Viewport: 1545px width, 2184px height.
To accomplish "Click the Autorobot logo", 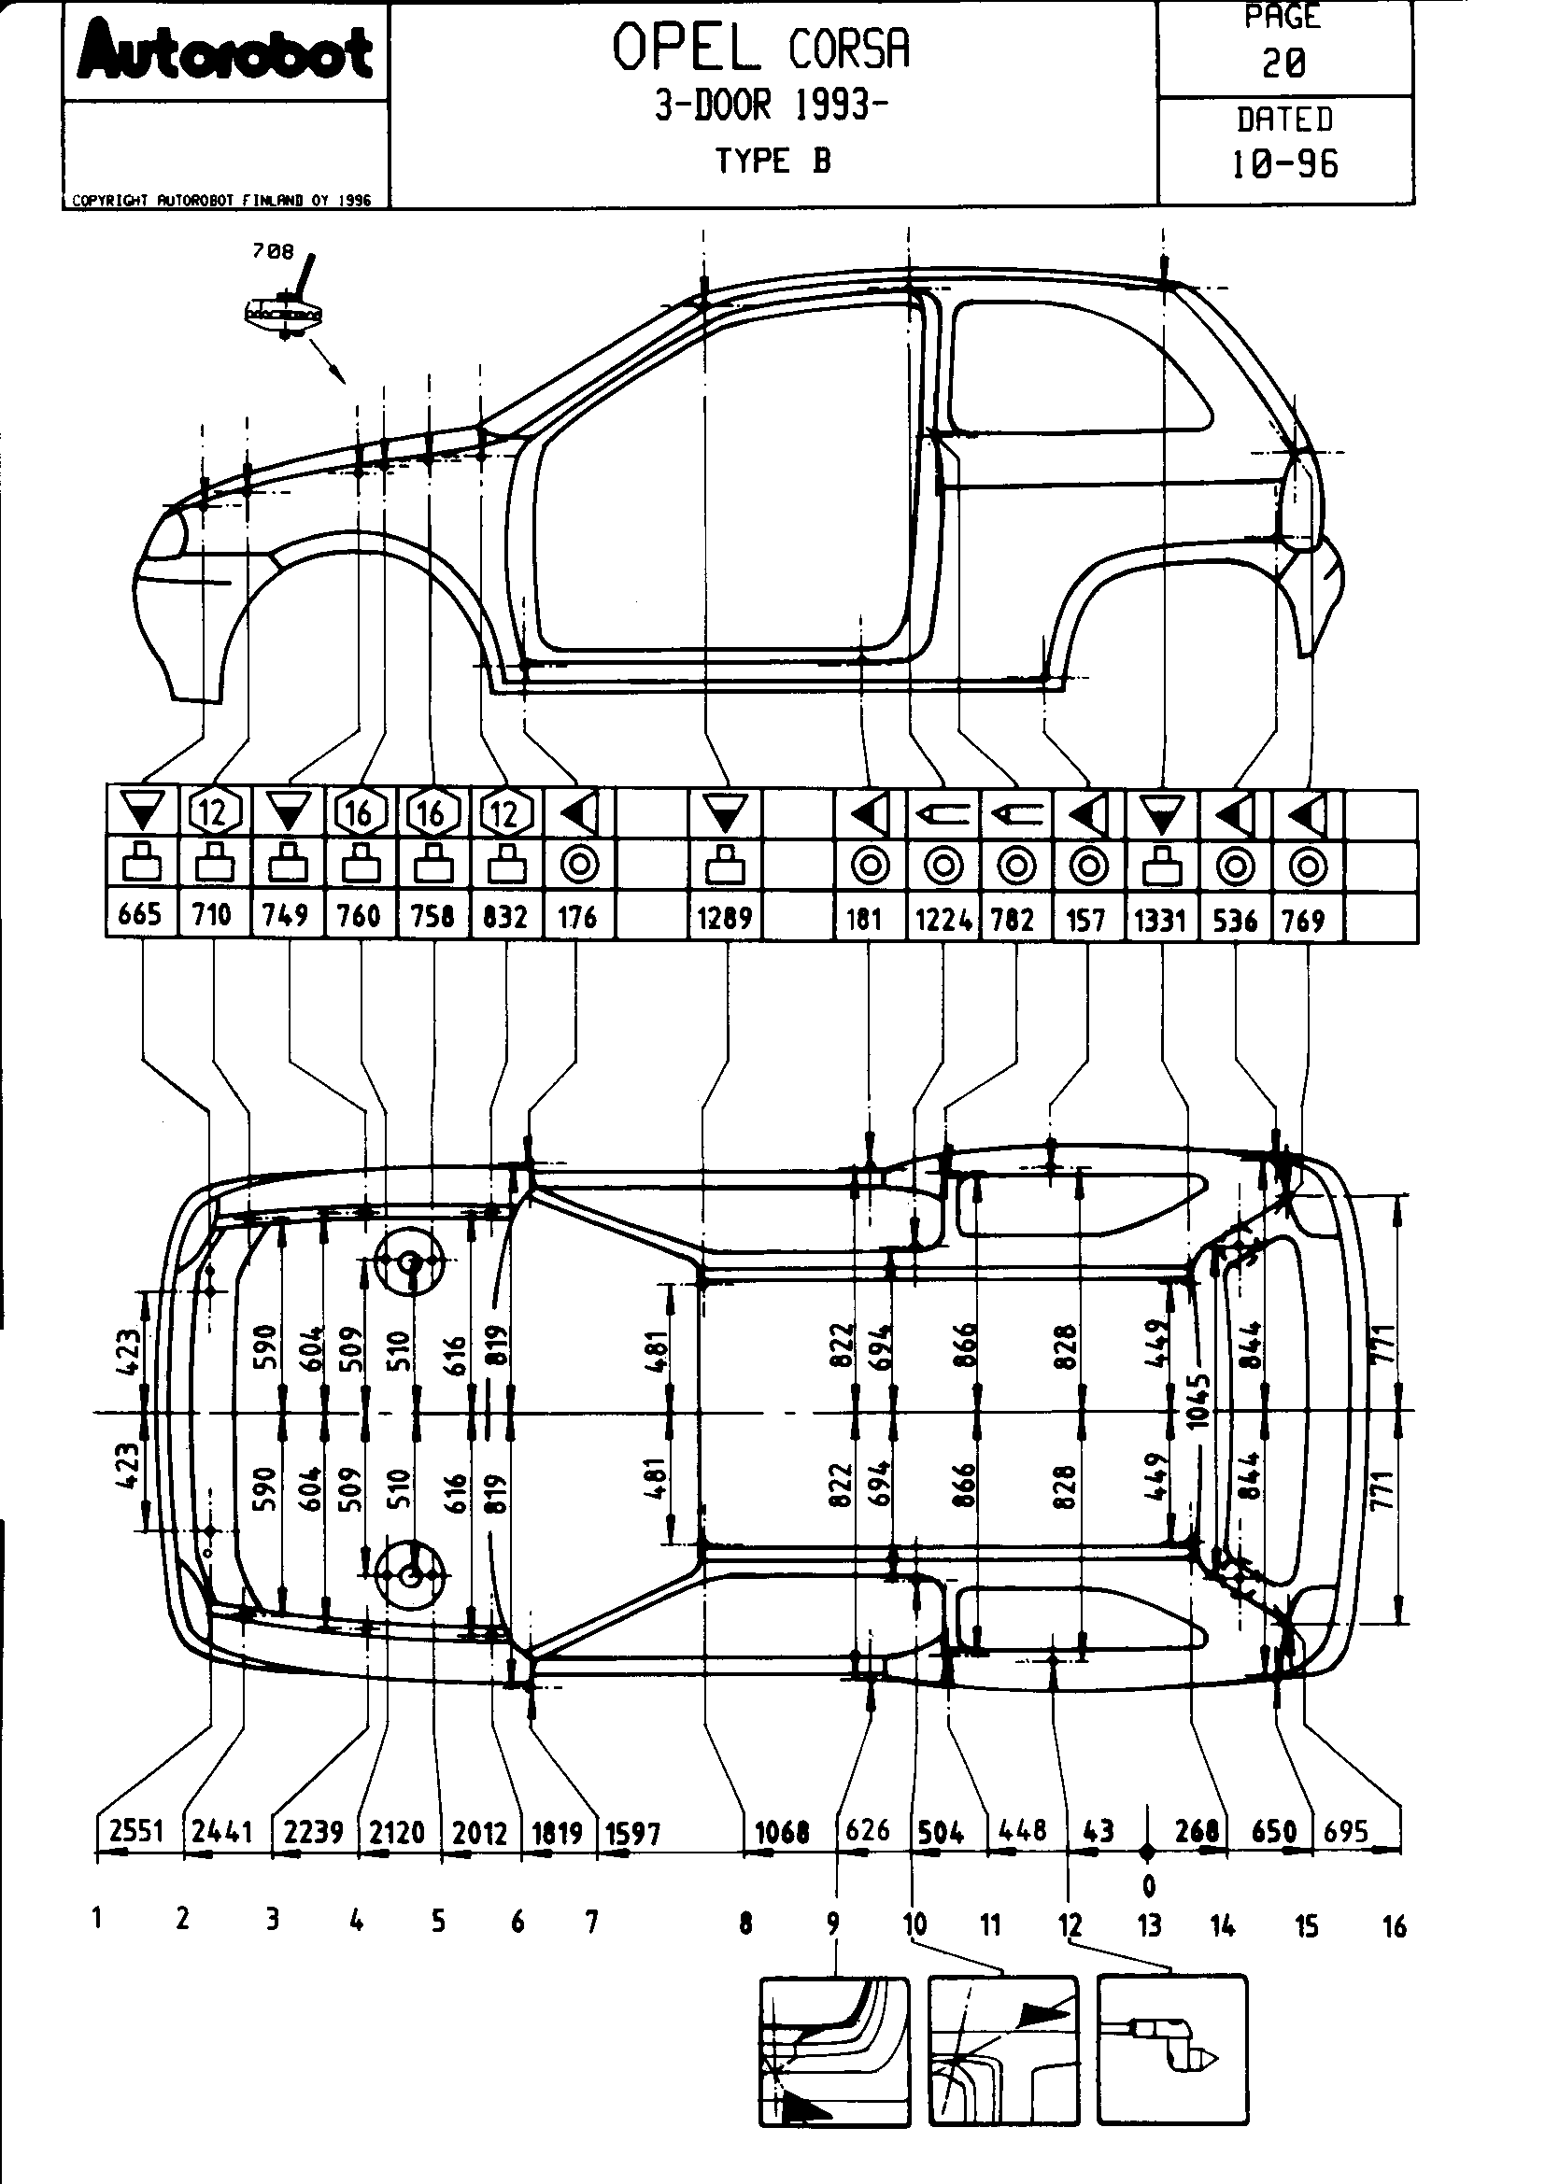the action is coord(225,52).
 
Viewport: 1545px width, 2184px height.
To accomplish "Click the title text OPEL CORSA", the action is coord(760,49).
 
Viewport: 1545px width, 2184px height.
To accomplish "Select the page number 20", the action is coord(1283,63).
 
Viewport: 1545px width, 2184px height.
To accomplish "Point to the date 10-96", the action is coord(1284,164).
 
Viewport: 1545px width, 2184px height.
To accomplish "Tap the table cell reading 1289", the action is coord(725,918).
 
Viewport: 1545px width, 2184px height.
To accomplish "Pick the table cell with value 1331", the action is coord(1161,920).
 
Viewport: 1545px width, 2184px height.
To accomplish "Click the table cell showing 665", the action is coord(140,915).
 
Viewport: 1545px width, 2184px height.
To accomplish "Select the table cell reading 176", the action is coord(577,917).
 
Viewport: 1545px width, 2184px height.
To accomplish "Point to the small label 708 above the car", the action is coord(272,251).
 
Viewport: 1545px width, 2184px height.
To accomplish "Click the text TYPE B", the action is coord(772,161).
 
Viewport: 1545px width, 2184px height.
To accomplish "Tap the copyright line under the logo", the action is coord(221,201).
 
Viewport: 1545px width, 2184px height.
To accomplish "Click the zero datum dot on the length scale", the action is coord(1147,1852).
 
